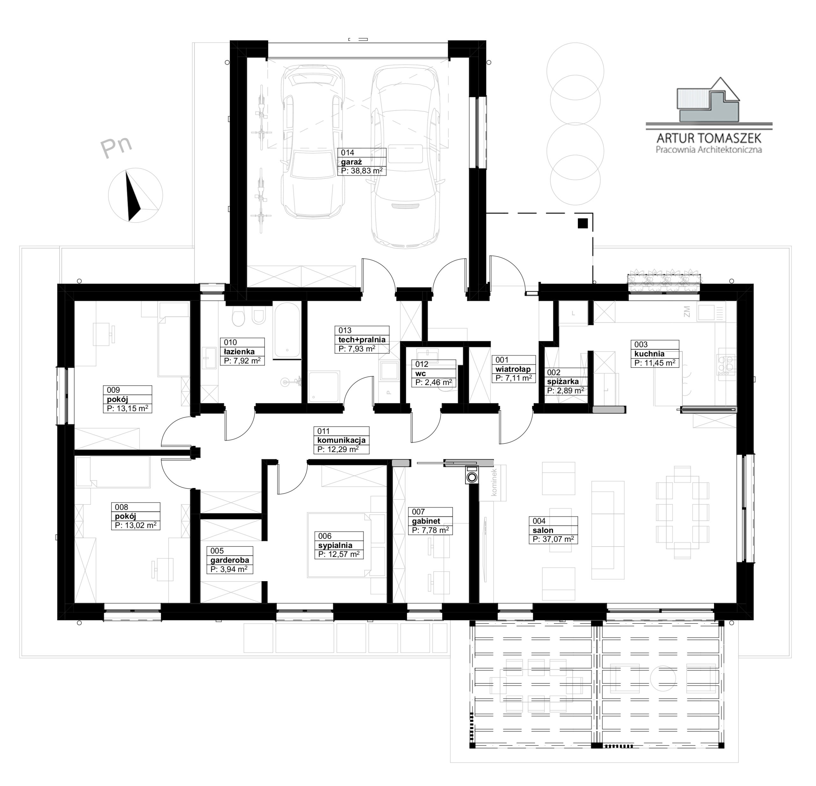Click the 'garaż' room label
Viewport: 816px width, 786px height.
pos(351,162)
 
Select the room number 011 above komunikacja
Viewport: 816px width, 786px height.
pos(324,431)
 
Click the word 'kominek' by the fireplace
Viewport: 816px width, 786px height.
pos(494,482)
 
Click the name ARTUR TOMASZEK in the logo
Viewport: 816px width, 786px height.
pos(709,138)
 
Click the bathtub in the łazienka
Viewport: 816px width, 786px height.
pos(287,330)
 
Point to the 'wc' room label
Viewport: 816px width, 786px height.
pos(420,373)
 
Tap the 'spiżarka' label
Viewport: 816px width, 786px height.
pos(563,382)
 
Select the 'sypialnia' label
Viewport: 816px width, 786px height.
pos(335,545)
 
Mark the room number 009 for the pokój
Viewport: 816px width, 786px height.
pos(113,390)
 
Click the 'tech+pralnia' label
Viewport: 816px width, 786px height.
pos(362,339)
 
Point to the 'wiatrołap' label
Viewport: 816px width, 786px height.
pos(513,369)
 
